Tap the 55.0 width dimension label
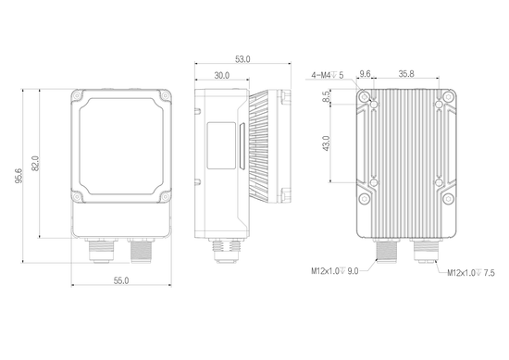[x=120, y=279]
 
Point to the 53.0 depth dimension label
[x=242, y=59]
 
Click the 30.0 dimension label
[x=221, y=76]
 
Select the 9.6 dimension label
[x=365, y=74]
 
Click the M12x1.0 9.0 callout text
[x=334, y=271]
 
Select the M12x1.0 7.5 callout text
[x=471, y=273]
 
